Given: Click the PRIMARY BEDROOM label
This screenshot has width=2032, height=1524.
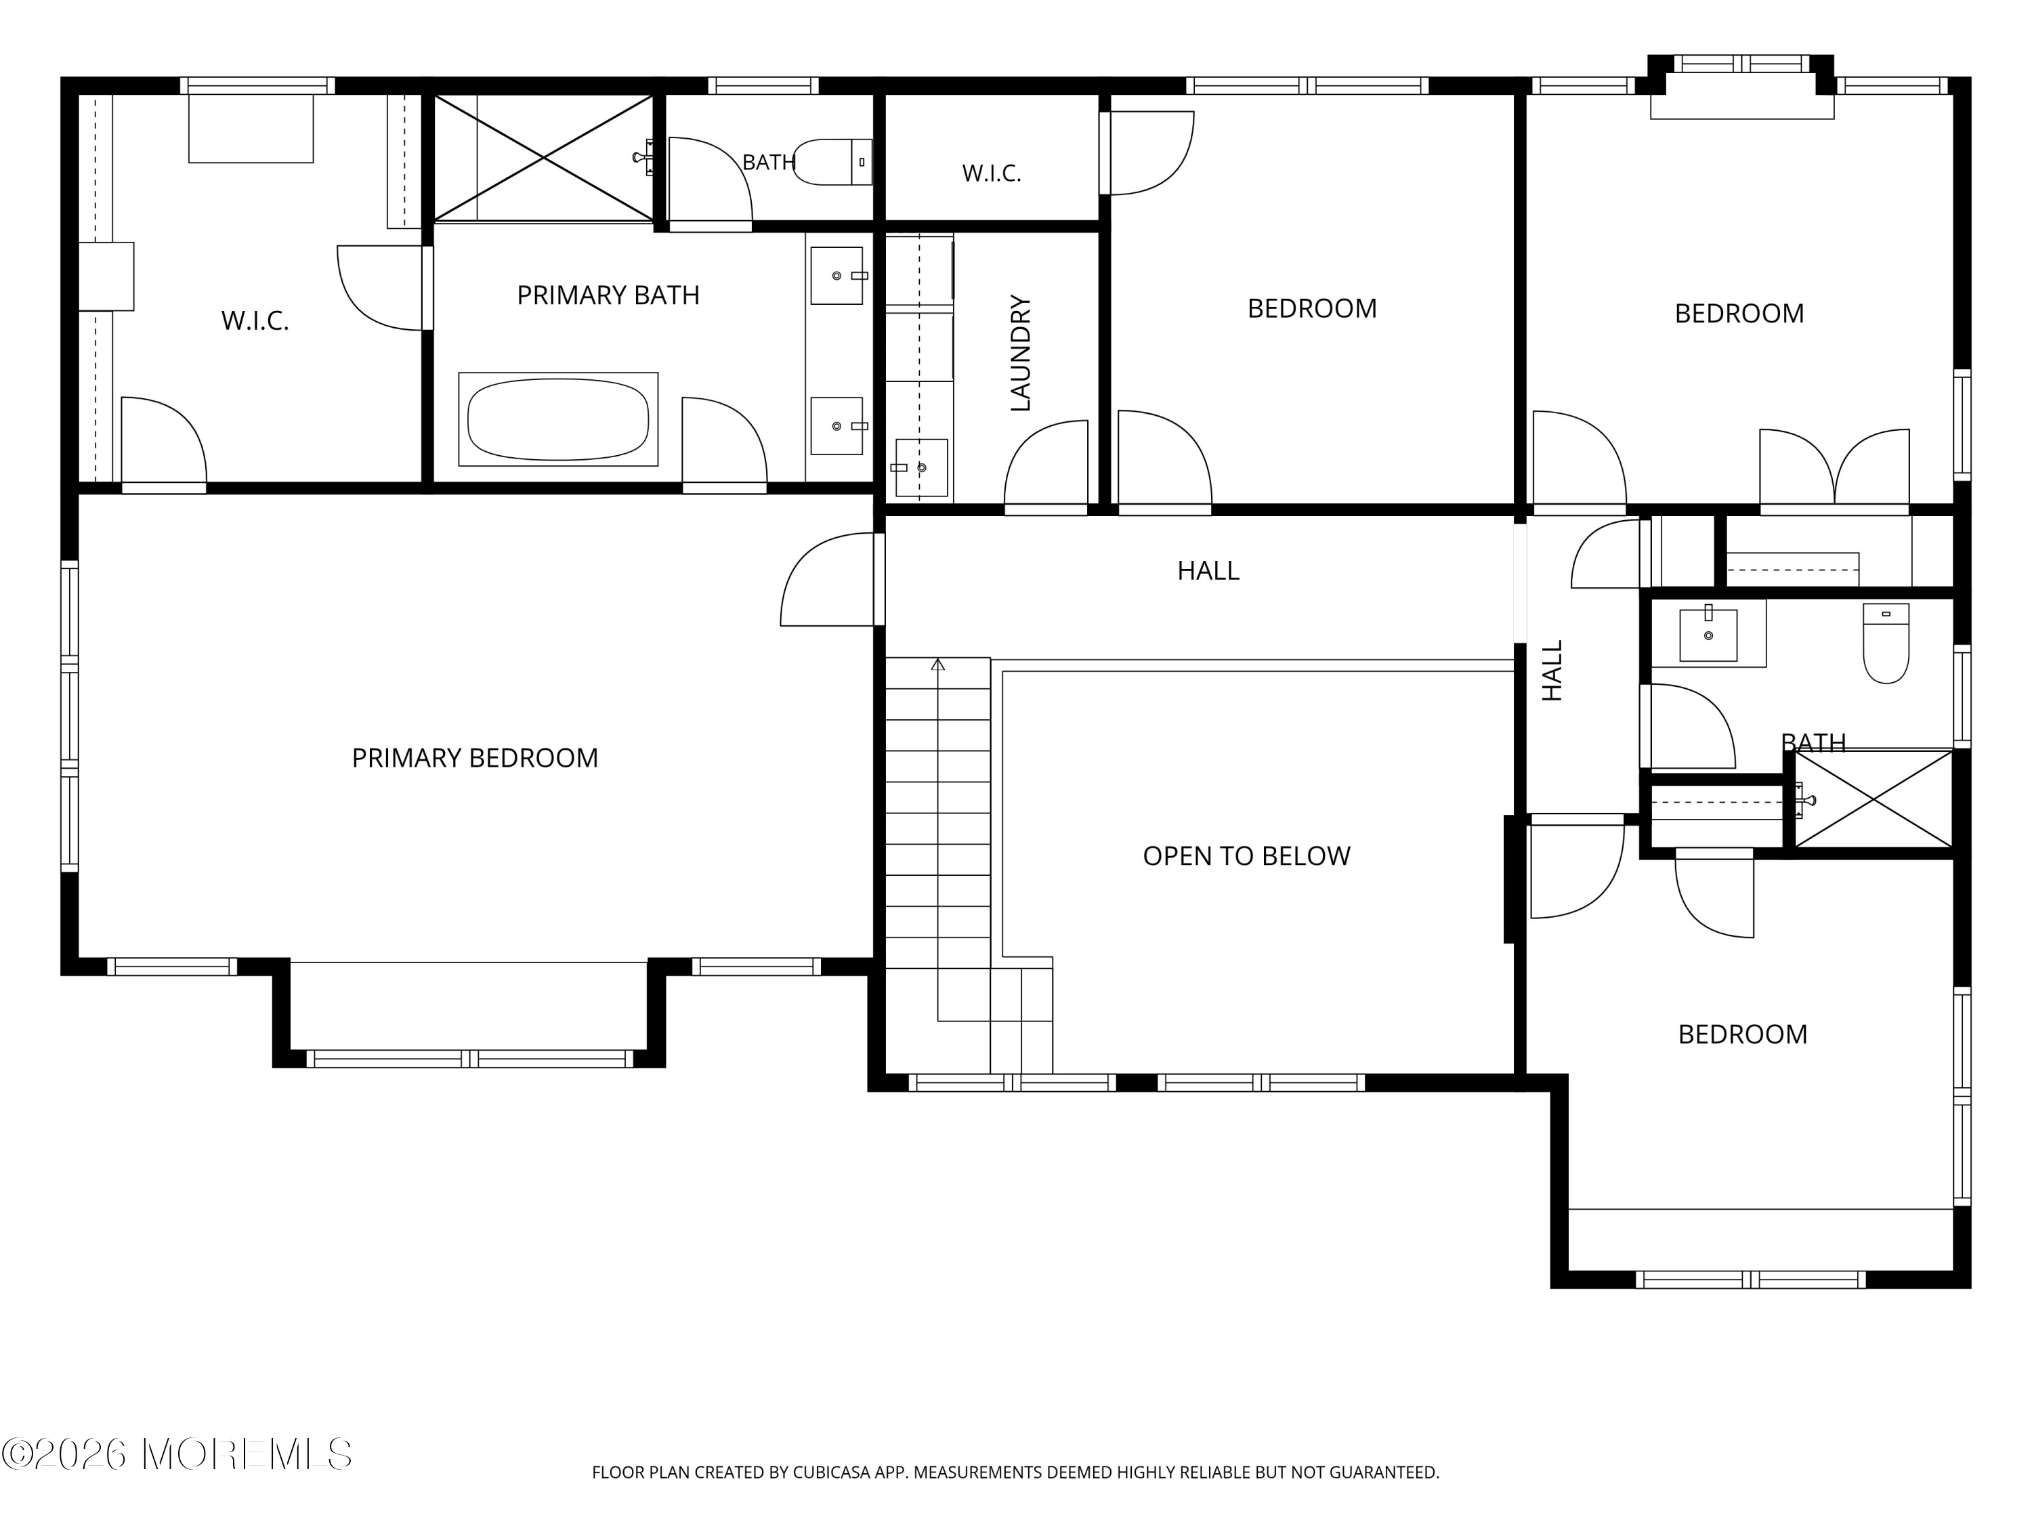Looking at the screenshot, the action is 475,758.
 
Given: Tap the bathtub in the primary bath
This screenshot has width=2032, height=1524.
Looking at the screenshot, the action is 559,419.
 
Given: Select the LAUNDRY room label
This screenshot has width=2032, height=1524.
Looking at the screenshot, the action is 1021,353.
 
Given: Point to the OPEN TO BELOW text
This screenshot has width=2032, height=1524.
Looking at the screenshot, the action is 1246,856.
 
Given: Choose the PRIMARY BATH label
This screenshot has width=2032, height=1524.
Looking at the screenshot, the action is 608,295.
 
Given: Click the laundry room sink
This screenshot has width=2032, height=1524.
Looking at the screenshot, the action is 920,467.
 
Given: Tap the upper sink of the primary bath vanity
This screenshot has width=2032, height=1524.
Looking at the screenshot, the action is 837,276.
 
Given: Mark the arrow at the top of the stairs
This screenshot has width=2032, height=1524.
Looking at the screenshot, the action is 938,664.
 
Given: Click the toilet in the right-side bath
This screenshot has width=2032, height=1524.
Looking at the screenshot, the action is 1886,643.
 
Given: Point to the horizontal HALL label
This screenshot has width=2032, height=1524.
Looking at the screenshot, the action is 1208,570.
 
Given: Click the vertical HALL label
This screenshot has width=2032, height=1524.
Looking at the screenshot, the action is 1552,671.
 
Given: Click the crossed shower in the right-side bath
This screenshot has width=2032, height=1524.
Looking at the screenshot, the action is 1873,799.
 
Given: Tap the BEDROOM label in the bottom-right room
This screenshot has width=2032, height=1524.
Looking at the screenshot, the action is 1743,1034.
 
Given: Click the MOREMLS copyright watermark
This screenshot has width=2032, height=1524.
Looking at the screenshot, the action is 176,1454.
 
